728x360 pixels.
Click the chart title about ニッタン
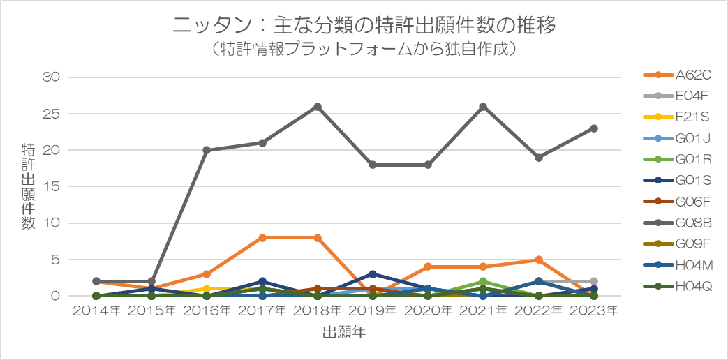364,26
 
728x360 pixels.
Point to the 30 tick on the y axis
53,77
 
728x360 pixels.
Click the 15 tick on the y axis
53,186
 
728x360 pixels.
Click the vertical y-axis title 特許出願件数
29,186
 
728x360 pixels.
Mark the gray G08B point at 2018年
318,107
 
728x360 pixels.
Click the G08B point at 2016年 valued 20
207,150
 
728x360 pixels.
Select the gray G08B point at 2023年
594,128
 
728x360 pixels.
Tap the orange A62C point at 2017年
262,238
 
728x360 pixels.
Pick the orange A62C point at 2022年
539,260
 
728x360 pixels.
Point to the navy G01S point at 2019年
373,274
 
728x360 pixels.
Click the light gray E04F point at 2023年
594,281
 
